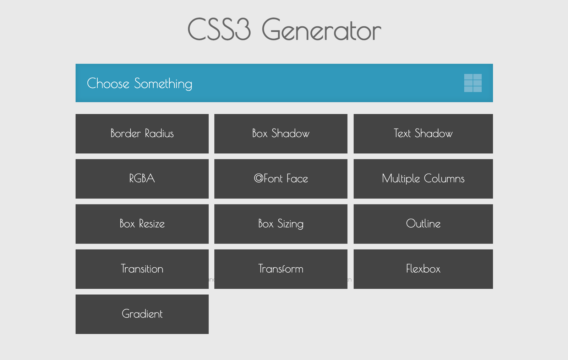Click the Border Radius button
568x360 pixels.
coord(142,133)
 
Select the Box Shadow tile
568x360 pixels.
coord(281,133)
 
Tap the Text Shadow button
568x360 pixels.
coord(423,133)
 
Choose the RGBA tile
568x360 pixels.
coord(142,179)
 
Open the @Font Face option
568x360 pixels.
coord(281,179)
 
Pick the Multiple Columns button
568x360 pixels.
coord(423,179)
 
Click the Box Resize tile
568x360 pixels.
coord(142,224)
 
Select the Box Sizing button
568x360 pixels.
coord(281,224)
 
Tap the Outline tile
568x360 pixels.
coord(423,224)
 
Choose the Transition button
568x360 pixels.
coord(142,269)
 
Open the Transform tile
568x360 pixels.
coord(281,269)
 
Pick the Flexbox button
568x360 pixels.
coord(423,269)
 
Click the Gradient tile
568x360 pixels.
coord(142,314)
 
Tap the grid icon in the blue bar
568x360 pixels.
coord(473,83)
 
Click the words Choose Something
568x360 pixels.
coord(140,84)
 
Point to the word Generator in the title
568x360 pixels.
coord(321,30)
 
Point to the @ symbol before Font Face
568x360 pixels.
coord(258,178)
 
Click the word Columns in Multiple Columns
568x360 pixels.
coord(444,178)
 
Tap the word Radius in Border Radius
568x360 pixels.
coord(159,133)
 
